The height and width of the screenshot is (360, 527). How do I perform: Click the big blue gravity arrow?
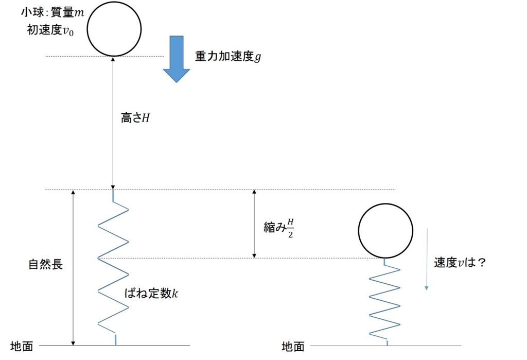pos(177,59)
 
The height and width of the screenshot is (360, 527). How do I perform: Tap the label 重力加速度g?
pos(228,57)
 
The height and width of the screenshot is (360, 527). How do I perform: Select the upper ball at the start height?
pos(114,29)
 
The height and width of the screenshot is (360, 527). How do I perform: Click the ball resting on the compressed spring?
pos(385,231)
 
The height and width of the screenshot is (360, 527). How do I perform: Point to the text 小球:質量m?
pos(52,12)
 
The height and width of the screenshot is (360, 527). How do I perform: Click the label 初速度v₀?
pos(50,30)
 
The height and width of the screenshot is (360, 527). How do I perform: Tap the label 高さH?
pos(135,118)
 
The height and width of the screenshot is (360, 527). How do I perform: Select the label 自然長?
pos(45,264)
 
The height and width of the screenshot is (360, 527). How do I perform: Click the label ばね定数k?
pos(151,294)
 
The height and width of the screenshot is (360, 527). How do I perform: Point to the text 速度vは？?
pos(460,263)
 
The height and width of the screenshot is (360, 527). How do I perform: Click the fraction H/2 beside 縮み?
pos(290,228)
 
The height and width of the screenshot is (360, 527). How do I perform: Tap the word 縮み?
pos(275,228)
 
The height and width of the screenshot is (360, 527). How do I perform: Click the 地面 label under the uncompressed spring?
pos(22,346)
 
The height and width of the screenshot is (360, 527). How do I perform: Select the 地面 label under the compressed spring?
pos(293,347)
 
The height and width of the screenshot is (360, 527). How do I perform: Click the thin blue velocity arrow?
pos(427,259)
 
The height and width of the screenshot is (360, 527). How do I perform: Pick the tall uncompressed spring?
pos(113,267)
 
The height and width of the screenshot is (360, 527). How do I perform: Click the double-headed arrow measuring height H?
pos(113,123)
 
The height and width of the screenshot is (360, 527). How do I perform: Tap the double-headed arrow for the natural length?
pos(73,267)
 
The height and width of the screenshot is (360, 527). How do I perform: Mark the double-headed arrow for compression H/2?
pos(254,224)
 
